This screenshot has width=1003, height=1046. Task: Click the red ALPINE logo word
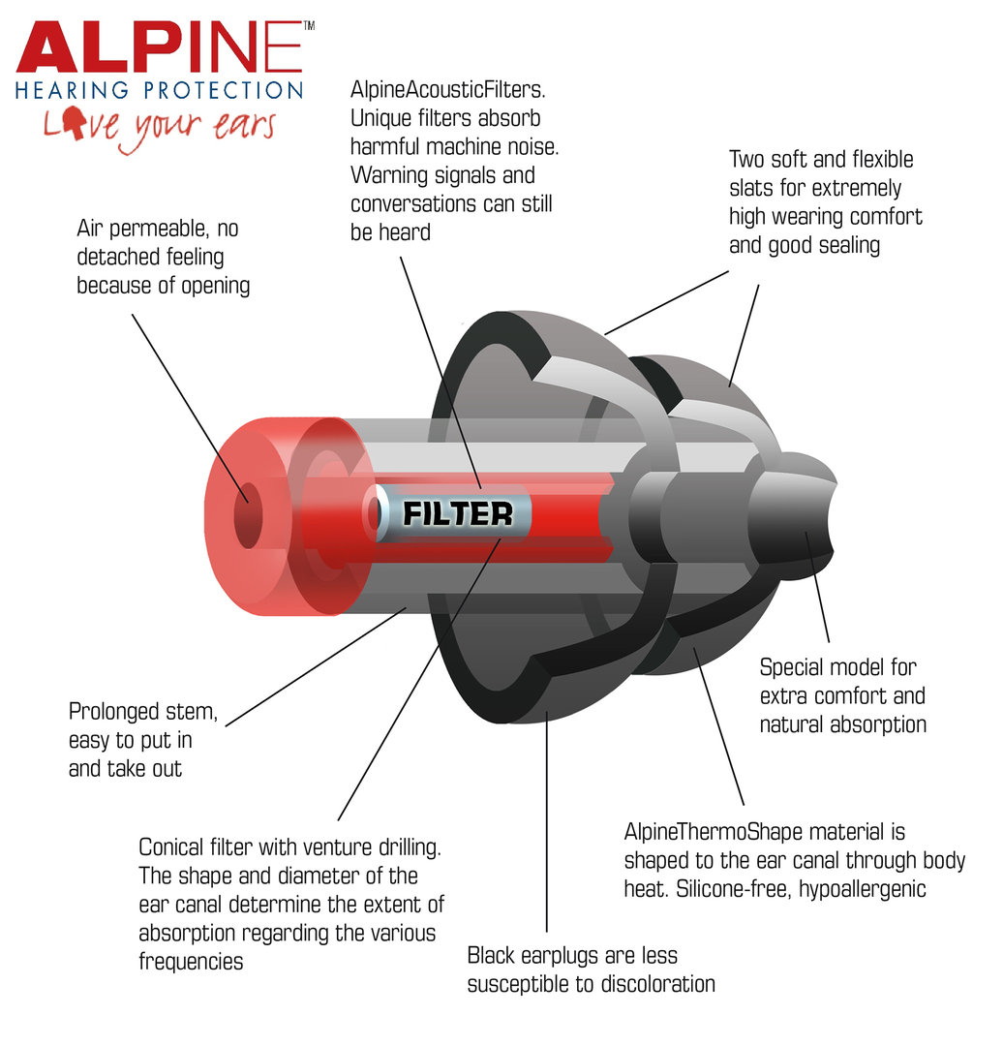[x=160, y=46]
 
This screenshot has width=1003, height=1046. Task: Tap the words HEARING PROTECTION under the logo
[x=160, y=90]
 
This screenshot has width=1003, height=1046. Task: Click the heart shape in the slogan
[x=73, y=122]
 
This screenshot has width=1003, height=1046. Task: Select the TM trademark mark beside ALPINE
[x=309, y=26]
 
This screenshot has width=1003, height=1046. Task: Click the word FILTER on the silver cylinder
[x=458, y=513]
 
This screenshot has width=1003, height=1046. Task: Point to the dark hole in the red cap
[x=248, y=515]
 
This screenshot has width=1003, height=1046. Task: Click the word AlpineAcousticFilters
[x=447, y=89]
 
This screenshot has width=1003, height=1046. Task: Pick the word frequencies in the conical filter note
[x=191, y=962]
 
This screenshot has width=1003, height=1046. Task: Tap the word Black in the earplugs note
[x=491, y=955]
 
